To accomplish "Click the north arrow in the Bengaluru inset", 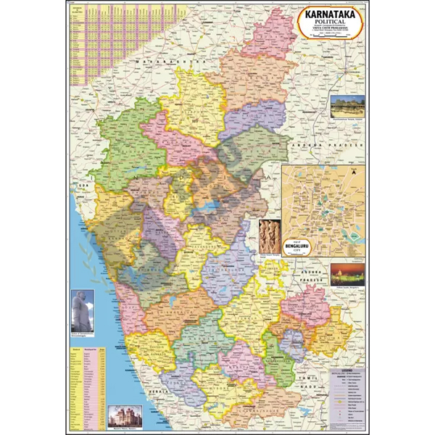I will pyautogui.click(x=354, y=173).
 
